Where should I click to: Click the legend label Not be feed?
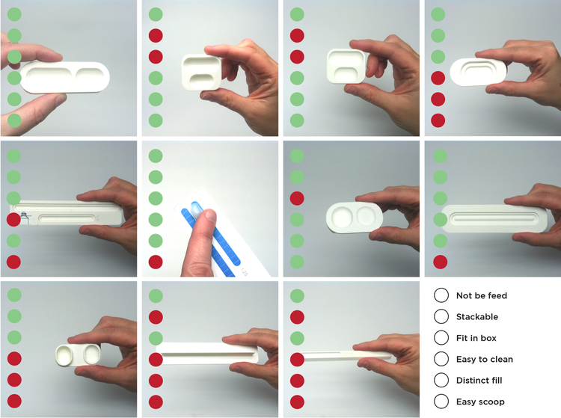pos(482,295)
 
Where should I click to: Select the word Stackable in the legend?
pos(477,316)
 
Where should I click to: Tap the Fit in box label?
pos(476,338)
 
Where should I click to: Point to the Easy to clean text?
pos(485,359)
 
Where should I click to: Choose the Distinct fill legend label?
pos(479,380)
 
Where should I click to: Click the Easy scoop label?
pos(480,402)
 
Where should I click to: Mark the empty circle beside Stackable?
pos(441,316)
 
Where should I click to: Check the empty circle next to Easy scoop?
pos(441,402)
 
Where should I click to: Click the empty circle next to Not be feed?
pos(441,295)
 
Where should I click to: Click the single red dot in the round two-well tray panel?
pos(297,198)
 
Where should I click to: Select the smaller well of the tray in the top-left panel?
pos(90,76)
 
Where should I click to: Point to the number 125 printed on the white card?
pos(244,271)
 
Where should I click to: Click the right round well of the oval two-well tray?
pos(366,216)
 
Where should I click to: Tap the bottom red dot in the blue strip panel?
pos(156,262)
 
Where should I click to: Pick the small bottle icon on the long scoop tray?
pos(25,217)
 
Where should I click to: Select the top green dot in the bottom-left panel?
pos(14,295)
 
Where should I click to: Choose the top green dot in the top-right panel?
pos(438,14)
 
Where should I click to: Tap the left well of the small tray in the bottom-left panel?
pos(65,354)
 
